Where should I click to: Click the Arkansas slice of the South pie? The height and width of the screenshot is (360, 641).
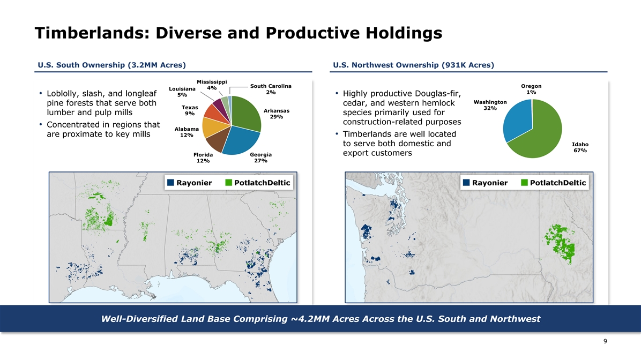click(x=247, y=112)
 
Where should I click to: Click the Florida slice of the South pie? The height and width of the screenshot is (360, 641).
click(x=215, y=141)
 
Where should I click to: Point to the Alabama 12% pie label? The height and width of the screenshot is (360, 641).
click(x=187, y=132)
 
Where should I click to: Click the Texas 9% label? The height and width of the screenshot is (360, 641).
click(x=189, y=110)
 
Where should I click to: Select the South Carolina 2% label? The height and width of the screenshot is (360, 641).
click(x=271, y=89)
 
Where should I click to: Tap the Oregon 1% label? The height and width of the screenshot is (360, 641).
click(x=531, y=89)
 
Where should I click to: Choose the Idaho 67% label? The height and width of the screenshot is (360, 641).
click(x=580, y=147)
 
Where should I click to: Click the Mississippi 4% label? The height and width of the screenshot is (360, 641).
click(x=212, y=84)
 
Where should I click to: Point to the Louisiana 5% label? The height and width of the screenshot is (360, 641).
click(x=181, y=92)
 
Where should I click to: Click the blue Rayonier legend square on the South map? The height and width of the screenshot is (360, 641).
click(x=170, y=183)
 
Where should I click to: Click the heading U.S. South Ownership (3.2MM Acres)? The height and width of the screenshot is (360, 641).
click(x=111, y=65)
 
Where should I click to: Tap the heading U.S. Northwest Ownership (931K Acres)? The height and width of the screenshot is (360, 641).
click(x=413, y=65)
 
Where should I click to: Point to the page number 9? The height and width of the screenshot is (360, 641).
click(x=605, y=341)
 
